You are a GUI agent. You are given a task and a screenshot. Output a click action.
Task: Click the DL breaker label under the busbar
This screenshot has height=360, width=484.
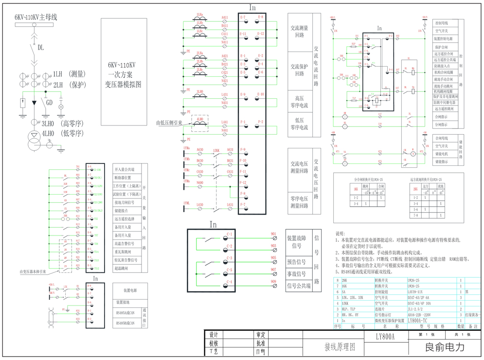coord(41,48)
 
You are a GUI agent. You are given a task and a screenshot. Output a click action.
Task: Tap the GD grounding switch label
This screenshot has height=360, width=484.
coord(49,103)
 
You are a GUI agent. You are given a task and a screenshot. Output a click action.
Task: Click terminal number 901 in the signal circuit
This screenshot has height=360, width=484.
coord(273,234)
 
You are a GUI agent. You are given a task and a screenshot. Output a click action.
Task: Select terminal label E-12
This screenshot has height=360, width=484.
coord(261,34)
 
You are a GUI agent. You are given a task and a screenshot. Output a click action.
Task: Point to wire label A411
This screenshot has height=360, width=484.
coord(225,18)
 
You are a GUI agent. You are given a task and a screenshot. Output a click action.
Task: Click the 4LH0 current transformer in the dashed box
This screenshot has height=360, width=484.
coord(200,124)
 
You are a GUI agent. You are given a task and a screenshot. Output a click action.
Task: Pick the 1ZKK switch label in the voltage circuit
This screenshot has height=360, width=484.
coord(216,150)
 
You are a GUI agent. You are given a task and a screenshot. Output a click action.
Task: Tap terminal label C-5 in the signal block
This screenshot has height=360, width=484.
coord(229,270)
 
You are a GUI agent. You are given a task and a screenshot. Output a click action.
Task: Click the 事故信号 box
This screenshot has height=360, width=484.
coord(296,274)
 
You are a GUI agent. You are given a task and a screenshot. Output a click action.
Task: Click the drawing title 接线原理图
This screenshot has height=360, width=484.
coord(340,347)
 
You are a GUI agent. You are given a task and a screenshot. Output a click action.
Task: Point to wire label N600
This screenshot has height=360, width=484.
coord(200,183)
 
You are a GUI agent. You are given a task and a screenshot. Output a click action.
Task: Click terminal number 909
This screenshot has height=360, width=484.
coord(273,282)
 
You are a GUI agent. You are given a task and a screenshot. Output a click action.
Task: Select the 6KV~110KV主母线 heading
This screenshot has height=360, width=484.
coord(36,18)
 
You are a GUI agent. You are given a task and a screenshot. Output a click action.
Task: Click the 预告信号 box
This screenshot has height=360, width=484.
coord(296,262)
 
